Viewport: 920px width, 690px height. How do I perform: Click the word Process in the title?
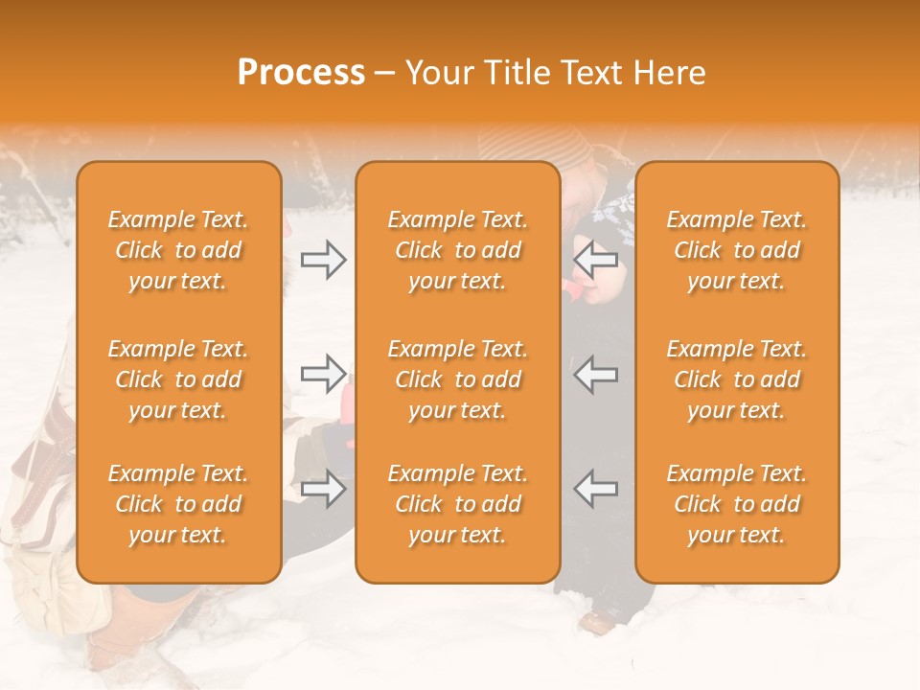301,73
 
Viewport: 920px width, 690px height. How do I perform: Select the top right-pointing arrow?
323,260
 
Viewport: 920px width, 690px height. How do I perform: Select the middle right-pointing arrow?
323,373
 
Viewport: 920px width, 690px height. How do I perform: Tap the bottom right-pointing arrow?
323,489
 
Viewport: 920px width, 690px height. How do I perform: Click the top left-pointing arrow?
596,258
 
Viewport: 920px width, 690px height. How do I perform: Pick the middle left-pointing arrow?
596,373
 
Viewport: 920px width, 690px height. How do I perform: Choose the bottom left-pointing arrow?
596,488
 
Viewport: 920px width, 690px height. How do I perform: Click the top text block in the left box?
178,250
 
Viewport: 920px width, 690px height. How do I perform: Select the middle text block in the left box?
178,379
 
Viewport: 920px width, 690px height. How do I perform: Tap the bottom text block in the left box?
178,504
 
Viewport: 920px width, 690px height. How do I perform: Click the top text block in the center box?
457,250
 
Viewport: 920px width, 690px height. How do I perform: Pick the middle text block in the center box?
457,379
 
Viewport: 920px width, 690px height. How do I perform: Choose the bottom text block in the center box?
457,504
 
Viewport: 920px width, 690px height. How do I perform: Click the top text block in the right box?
736,250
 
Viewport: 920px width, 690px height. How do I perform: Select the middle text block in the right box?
736,379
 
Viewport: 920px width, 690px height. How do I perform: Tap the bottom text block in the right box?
736,504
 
